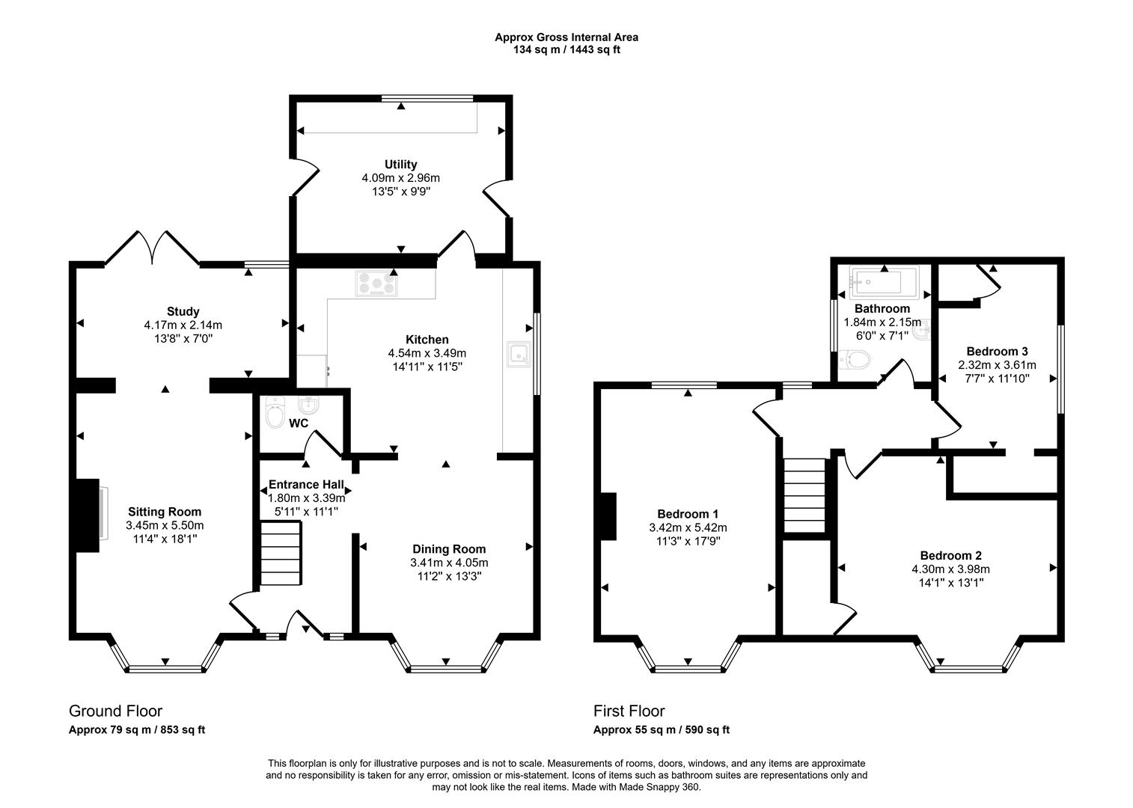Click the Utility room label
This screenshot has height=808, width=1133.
click(400, 165)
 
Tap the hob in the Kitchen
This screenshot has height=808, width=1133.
click(376, 284)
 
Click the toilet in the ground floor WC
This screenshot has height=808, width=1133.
click(275, 412)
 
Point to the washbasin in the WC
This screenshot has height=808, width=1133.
click(308, 405)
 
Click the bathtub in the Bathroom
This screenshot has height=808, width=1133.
click(884, 281)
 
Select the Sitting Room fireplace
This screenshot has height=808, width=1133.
click(88, 515)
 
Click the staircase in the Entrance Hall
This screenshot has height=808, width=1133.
click(281, 554)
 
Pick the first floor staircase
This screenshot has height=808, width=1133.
click(804, 495)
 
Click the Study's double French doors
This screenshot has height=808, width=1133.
click(152, 248)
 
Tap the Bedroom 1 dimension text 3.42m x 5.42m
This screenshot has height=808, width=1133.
click(688, 528)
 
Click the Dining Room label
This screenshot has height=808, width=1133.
click(449, 549)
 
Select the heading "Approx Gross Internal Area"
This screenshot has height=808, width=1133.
click(566, 37)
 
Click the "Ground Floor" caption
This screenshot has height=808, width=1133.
click(115, 711)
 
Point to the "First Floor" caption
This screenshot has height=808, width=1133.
click(629, 711)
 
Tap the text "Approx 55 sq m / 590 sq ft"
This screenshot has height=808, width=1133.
click(661, 729)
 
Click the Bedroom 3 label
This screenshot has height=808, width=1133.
click(997, 352)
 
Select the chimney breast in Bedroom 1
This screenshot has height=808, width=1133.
click(608, 516)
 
